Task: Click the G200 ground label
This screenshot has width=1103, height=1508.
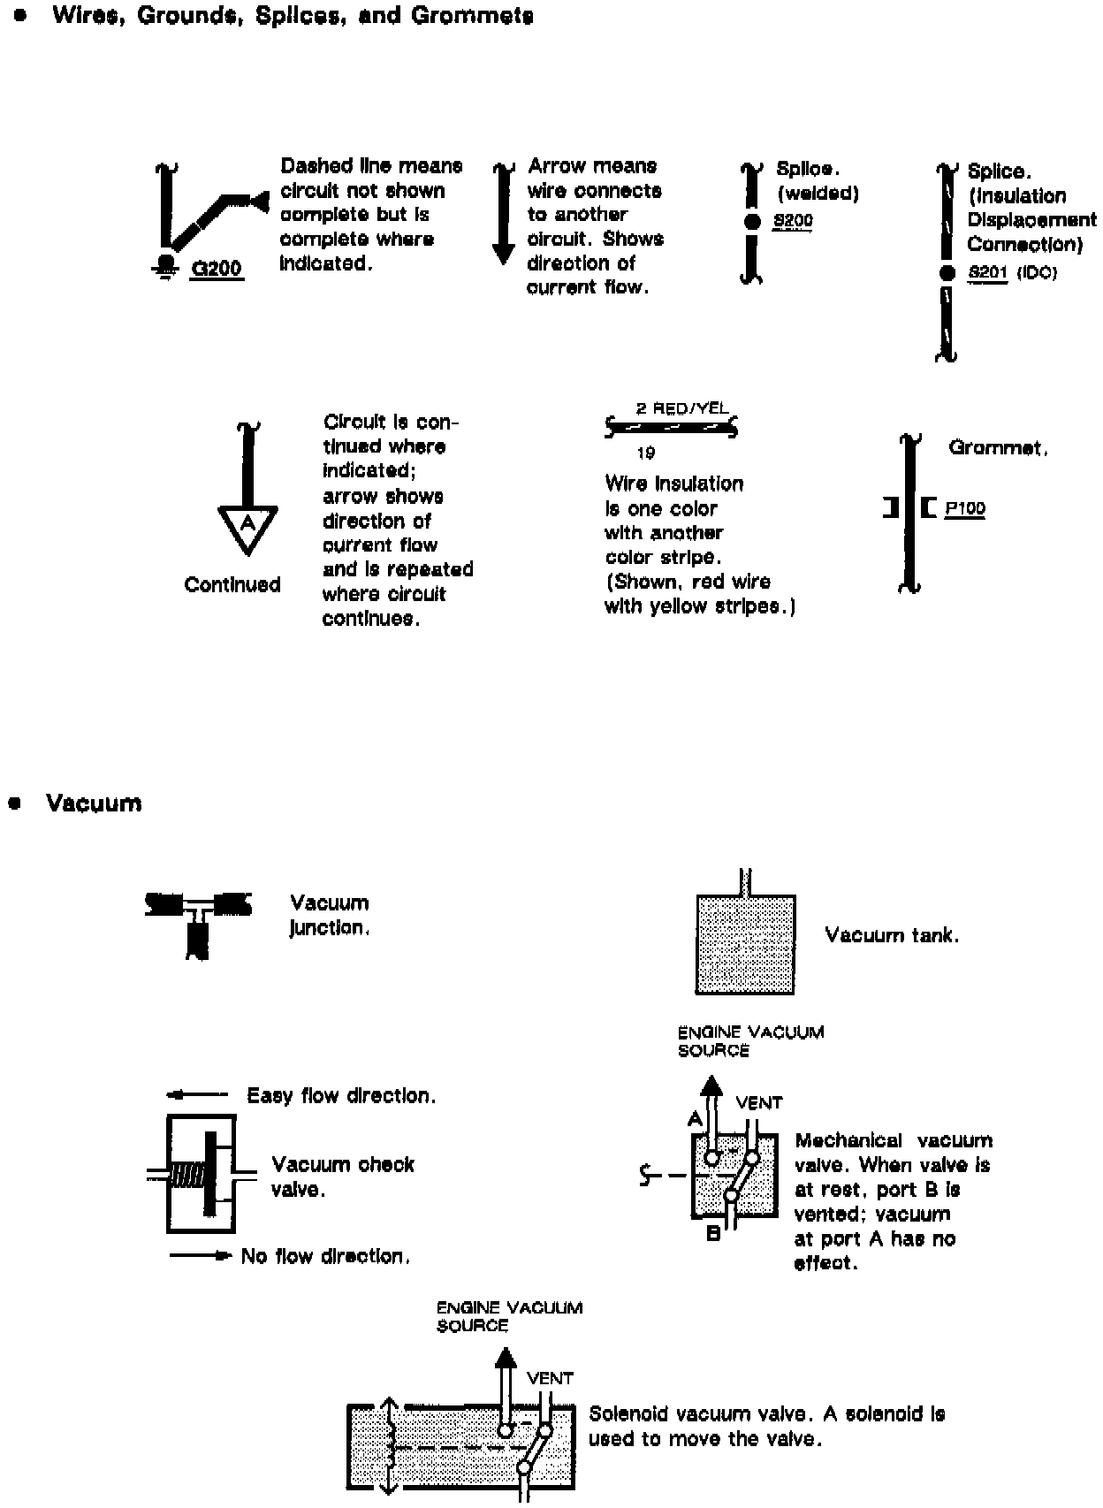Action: (x=217, y=269)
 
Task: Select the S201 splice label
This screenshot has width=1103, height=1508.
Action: (x=987, y=273)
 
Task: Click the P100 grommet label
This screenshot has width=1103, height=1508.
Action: (x=964, y=509)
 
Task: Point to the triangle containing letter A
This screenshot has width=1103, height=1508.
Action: (x=247, y=527)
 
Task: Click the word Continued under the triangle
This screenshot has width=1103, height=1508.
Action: (x=232, y=585)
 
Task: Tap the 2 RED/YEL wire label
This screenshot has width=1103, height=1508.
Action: (x=682, y=408)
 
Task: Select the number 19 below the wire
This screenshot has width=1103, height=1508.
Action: (x=645, y=453)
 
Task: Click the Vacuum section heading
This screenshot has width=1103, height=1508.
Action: (x=94, y=804)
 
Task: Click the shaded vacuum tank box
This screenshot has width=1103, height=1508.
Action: (x=745, y=945)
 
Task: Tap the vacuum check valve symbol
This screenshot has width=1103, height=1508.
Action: (x=202, y=1174)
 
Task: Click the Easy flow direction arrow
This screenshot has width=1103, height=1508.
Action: (x=197, y=1095)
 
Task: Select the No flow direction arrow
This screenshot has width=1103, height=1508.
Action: (x=201, y=1255)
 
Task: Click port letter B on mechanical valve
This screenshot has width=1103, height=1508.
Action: (x=713, y=1233)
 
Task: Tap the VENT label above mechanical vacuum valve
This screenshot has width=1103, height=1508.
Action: (x=758, y=1103)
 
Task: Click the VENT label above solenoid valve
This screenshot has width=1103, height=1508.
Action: (x=550, y=1378)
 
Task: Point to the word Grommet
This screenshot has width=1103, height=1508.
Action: (x=998, y=448)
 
